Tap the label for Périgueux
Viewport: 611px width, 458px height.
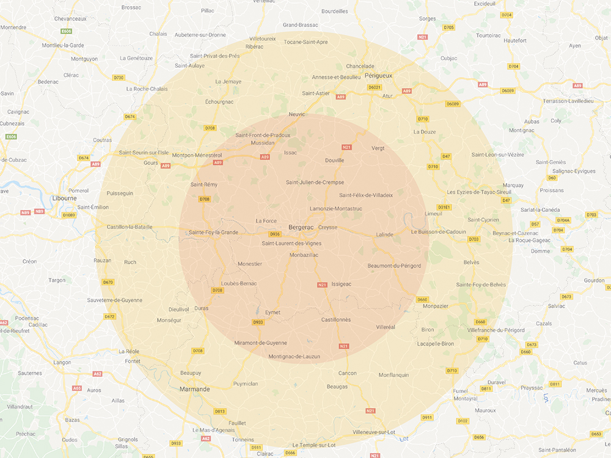(x=378, y=75)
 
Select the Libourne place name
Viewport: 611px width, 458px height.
(x=64, y=198)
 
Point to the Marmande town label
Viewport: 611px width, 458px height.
(x=195, y=389)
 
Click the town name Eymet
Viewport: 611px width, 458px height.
(x=273, y=313)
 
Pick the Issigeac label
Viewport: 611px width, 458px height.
(x=341, y=284)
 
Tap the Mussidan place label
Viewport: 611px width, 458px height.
(x=263, y=143)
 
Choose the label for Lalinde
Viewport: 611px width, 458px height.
(x=384, y=234)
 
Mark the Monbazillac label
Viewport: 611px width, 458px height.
(x=304, y=255)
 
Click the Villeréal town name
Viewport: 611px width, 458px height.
(x=386, y=327)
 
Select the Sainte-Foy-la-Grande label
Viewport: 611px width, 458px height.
(x=213, y=232)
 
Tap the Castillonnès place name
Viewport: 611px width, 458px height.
(x=336, y=319)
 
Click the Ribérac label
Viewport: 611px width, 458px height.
(x=254, y=46)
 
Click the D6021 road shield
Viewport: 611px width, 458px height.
(x=375, y=87)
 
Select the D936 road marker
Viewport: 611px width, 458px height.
(x=275, y=234)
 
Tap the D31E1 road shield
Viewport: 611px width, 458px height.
(x=444, y=208)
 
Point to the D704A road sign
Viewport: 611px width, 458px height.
(x=563, y=220)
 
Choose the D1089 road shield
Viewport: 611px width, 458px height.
(x=69, y=215)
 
